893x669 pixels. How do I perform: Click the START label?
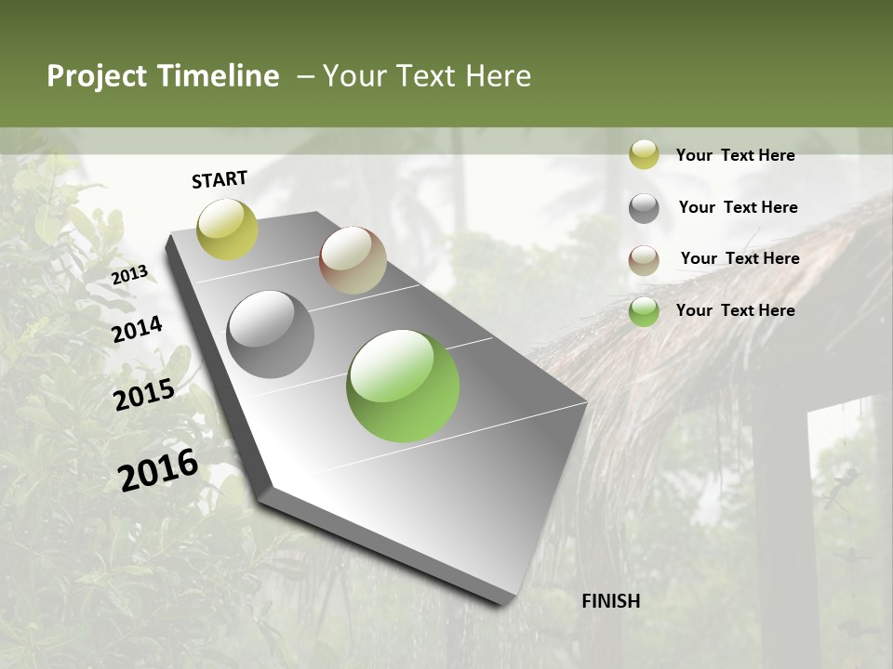tap(220, 179)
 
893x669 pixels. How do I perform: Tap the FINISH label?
tap(611, 601)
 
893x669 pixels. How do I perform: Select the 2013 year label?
tap(129, 275)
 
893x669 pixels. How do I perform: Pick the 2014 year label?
tap(138, 329)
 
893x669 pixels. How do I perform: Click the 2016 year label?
tap(159, 469)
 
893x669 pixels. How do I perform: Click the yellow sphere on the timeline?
tap(227, 229)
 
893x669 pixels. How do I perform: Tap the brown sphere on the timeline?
tap(353, 260)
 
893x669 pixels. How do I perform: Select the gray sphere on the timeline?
tap(271, 334)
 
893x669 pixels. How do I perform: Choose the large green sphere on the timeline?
tap(403, 386)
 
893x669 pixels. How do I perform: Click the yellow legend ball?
tap(644, 154)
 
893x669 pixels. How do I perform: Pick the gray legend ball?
tap(644, 208)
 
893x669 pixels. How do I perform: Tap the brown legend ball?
tap(644, 260)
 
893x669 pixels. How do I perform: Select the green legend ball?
tap(644, 311)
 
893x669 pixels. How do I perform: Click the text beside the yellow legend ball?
tap(735, 155)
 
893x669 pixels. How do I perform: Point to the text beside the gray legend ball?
tap(738, 207)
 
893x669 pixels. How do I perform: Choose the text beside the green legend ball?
tap(735, 310)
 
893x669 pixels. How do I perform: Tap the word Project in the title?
tap(97, 76)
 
